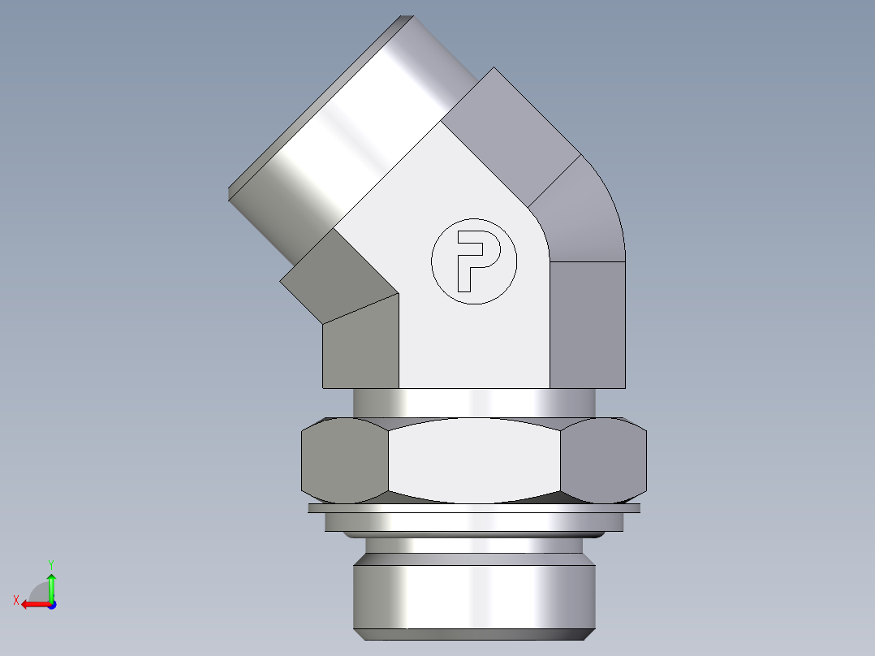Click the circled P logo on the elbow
pos(473,261)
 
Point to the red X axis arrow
pos(34,604)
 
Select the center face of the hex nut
pos(474,460)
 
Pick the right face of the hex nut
pos(604,460)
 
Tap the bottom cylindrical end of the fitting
pos(474,597)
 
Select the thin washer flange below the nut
pos(474,508)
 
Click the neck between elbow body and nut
pos(474,403)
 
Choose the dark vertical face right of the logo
pos(588,325)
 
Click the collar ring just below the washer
pos(474,521)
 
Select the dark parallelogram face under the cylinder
pos(337,276)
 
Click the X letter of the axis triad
pos(16,600)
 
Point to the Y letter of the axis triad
pos(50,563)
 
